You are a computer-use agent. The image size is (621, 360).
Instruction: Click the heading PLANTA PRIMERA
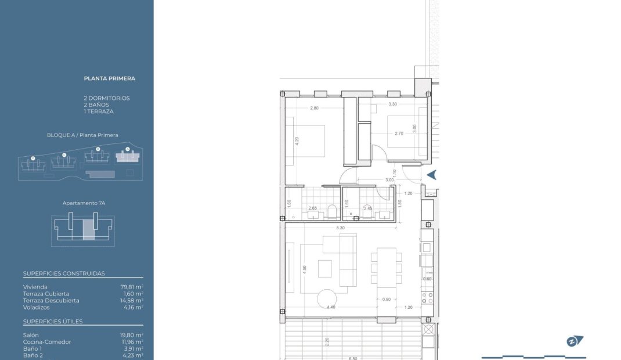coord(109,78)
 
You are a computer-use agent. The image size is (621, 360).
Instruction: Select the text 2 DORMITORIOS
coord(107,98)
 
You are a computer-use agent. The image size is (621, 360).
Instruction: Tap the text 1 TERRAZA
coord(99,111)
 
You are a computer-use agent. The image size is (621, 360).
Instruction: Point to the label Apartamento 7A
coord(84,204)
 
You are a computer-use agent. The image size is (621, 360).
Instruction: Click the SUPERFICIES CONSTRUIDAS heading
coord(64,273)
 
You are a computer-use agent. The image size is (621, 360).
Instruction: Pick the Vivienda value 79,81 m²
coord(132,287)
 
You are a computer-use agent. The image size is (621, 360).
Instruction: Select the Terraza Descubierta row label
coord(51,301)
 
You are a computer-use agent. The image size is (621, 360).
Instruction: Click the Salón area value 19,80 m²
coord(132,335)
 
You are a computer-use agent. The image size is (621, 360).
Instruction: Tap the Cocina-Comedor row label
coord(47,342)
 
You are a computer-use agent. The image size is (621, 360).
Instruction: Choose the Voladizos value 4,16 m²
coord(133,307)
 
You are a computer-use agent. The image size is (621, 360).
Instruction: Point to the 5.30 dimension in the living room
coord(340,228)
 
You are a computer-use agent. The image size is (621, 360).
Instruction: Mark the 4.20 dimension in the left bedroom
coord(297,141)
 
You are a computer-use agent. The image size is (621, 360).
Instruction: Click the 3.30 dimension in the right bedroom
coord(392,105)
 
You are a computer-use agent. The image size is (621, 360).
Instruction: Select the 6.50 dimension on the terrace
coord(353,358)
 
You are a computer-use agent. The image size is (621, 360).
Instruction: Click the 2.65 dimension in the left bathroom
coord(312,208)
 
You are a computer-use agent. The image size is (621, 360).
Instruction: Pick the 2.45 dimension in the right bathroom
coord(367,208)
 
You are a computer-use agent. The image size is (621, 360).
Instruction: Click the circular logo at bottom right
coord(575,341)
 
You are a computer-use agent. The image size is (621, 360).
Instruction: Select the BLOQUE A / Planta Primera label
coord(82,135)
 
